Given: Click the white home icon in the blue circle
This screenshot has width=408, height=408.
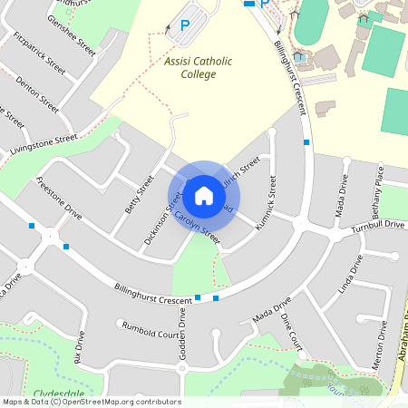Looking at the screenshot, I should [x=204, y=195].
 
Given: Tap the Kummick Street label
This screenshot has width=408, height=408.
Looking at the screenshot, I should [x=265, y=203].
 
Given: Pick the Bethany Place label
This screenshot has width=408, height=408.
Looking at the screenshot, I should [x=379, y=188].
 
